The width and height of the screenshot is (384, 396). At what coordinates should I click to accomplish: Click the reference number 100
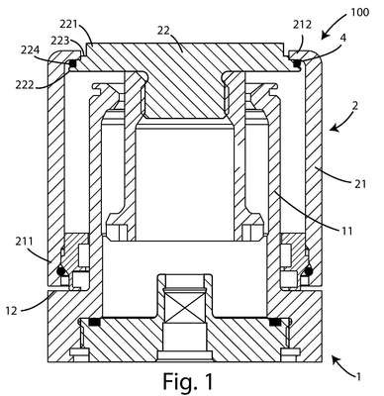(360, 12)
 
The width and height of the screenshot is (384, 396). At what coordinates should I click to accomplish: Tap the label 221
(68, 24)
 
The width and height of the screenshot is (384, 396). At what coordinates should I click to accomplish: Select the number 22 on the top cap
(163, 31)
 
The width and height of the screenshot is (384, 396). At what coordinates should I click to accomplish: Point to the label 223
(59, 41)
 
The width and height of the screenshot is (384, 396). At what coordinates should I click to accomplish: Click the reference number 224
(31, 50)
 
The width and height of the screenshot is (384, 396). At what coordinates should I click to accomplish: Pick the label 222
(25, 85)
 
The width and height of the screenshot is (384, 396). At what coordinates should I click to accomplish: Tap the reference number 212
(303, 25)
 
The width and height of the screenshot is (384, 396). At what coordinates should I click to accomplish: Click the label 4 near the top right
(343, 39)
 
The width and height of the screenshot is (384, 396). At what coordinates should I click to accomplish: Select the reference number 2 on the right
(354, 106)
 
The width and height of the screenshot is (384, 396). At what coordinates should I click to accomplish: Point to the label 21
(360, 183)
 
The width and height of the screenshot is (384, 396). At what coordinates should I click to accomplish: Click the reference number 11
(346, 231)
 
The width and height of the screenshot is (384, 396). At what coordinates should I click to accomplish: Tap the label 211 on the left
(24, 242)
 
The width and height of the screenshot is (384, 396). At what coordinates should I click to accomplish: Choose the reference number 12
(12, 311)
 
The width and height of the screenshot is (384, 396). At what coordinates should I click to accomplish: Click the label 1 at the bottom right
(357, 376)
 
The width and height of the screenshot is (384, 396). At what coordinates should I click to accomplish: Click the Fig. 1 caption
(188, 381)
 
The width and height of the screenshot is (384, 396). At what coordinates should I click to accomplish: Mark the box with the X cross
(184, 307)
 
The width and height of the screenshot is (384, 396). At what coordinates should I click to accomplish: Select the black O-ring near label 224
(73, 63)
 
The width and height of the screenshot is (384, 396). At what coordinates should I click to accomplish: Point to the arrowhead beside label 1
(336, 358)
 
